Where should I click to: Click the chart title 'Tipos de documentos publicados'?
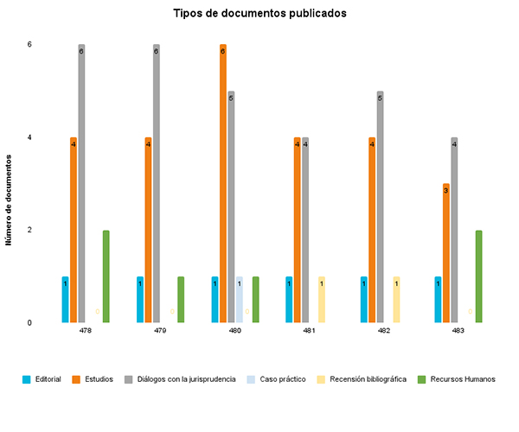[x=259, y=14]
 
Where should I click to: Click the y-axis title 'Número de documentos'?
[x=10, y=200]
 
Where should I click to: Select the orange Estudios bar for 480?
[x=223, y=183]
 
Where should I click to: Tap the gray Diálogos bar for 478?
[x=81, y=183]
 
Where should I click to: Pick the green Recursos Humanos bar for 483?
[x=479, y=276]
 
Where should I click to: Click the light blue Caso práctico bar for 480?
[x=240, y=300]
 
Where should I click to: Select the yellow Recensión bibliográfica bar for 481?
[x=322, y=300]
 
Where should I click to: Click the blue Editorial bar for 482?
[x=364, y=300]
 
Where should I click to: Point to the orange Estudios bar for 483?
[x=446, y=253]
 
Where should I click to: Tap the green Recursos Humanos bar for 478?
[x=106, y=276]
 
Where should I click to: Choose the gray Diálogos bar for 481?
[x=305, y=230]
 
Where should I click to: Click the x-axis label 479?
[x=160, y=331]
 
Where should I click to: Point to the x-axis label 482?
[x=384, y=331]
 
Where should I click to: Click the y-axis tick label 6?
[x=29, y=44]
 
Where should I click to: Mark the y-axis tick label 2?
[x=29, y=230]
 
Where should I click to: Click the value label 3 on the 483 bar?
[x=445, y=190]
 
